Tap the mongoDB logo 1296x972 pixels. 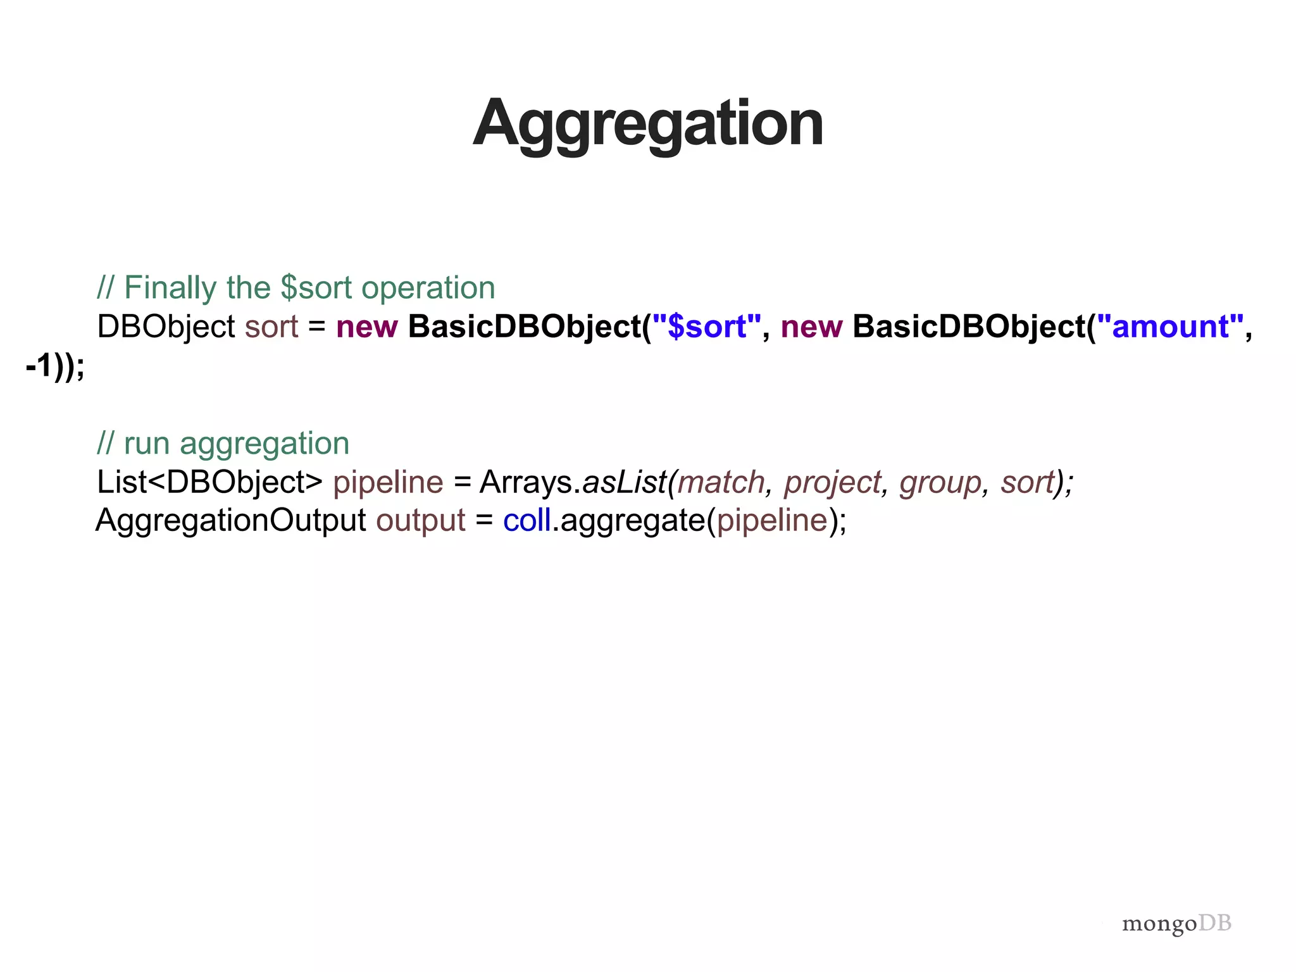(1176, 923)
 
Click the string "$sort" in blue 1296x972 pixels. (706, 327)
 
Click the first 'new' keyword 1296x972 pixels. (366, 327)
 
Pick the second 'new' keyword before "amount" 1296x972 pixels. (811, 327)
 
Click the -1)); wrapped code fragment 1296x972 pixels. (55, 366)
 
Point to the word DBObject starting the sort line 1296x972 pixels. (166, 327)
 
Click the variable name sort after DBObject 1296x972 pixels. (271, 327)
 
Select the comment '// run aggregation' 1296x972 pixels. (223, 443)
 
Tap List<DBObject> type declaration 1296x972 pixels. (209, 482)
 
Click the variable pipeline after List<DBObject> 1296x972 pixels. (388, 482)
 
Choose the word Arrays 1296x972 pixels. (526, 482)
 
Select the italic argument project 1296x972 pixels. (832, 482)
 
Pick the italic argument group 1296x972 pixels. (940, 482)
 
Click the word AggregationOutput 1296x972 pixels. (230, 521)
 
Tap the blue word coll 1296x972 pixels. (526, 521)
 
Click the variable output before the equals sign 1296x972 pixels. (420, 521)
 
